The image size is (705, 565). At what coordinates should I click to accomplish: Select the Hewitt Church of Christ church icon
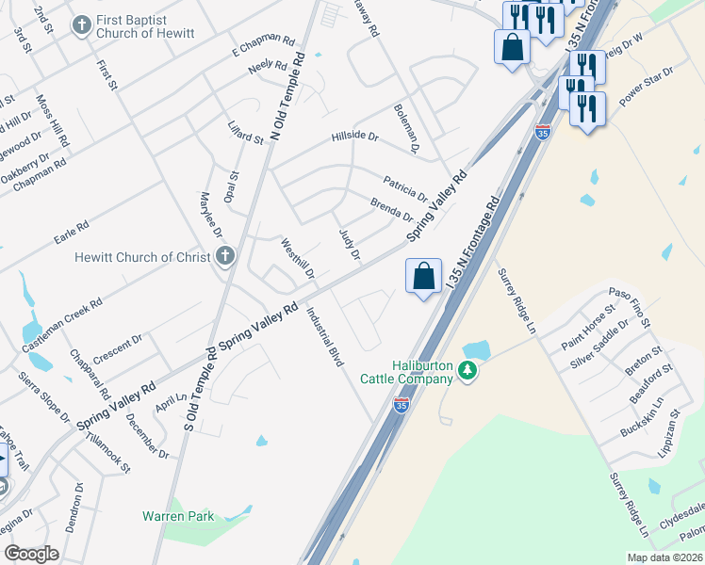[x=224, y=256]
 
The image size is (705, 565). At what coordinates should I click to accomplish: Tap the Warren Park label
[x=178, y=516]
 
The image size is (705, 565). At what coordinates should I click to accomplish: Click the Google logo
[x=31, y=554]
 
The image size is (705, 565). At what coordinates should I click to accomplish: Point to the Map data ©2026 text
[x=664, y=557]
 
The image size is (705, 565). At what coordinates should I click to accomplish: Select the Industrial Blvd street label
[x=323, y=336]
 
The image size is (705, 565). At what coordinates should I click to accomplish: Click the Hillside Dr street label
[x=354, y=137]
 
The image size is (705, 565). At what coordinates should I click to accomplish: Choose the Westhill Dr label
[x=298, y=259]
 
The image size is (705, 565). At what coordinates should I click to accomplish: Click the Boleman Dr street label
[x=406, y=128]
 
